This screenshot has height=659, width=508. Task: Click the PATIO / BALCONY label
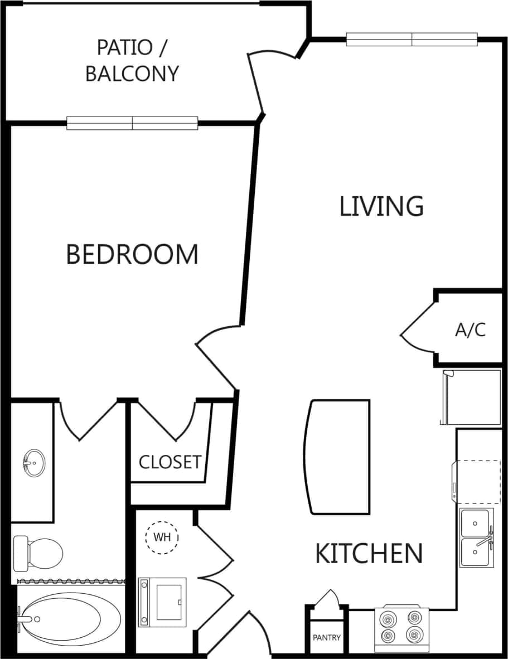pyautogui.click(x=132, y=60)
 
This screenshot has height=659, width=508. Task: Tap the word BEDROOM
pyautogui.click(x=132, y=254)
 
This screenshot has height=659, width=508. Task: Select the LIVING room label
pyautogui.click(x=381, y=206)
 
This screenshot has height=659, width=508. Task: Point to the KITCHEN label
pyautogui.click(x=369, y=553)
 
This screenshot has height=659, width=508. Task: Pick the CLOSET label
pyautogui.click(x=170, y=462)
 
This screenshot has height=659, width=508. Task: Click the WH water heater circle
pyautogui.click(x=162, y=538)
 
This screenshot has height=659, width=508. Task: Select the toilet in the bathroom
pyautogui.click(x=38, y=553)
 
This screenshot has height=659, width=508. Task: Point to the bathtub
pyautogui.click(x=69, y=618)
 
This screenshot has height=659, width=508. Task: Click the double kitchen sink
pyautogui.click(x=477, y=538)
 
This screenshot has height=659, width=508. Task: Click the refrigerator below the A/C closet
pyautogui.click(x=471, y=397)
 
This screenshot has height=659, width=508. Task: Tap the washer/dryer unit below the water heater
pyautogui.click(x=162, y=602)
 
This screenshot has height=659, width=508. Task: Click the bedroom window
pyautogui.click(x=132, y=123)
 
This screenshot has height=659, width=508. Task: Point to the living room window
pyautogui.click(x=412, y=39)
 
